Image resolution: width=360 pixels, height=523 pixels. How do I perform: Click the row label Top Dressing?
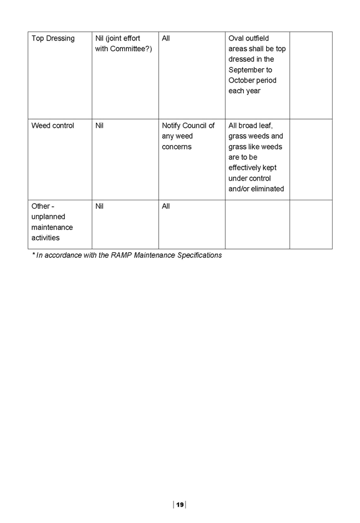53,39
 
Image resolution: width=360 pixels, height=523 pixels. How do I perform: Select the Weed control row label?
53,126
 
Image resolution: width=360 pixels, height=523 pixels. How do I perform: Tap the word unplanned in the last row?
48,217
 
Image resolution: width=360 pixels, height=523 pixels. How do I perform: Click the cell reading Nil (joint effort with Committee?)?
123,43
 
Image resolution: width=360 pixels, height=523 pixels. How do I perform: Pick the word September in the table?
250,70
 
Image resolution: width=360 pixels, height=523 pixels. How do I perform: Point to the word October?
242,80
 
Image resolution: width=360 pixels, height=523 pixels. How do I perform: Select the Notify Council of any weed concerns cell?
188,136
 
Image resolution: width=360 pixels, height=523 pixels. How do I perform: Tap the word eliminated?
268,189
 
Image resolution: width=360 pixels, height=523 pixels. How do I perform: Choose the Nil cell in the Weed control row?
99,126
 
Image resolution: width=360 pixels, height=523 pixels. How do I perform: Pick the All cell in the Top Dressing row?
166,38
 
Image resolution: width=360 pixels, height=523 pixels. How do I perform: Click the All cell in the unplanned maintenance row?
166,206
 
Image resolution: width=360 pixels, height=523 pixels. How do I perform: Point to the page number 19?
179,504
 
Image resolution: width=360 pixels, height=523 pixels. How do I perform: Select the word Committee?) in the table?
131,49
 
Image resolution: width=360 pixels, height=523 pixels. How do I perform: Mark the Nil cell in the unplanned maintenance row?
99,206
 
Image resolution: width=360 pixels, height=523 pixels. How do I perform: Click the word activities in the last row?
45,238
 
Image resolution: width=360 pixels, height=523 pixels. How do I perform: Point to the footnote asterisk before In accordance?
33,254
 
